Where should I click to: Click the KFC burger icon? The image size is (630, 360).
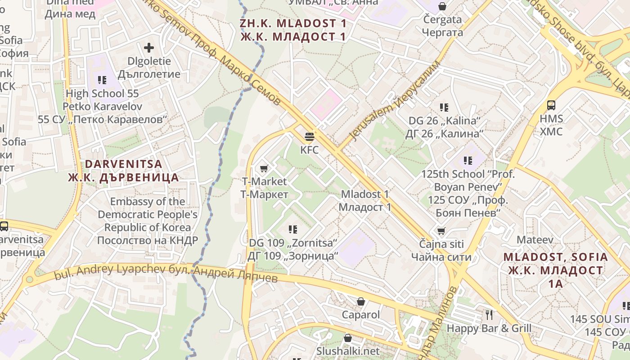[x=309, y=136]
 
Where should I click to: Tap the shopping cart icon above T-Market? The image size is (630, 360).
[x=264, y=168]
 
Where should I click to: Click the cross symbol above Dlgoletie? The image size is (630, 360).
[x=148, y=48]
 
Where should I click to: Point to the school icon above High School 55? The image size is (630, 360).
[x=102, y=80]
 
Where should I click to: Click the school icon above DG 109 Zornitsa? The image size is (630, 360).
[x=293, y=229]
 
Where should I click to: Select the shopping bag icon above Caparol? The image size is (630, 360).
[x=360, y=301]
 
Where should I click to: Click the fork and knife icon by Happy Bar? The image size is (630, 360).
[x=489, y=315]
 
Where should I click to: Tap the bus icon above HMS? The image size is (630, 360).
[x=551, y=105]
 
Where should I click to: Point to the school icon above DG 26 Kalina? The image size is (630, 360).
[x=444, y=108]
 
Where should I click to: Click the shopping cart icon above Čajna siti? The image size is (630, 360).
[x=441, y=231]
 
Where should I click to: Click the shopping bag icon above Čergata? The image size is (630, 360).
[x=442, y=6]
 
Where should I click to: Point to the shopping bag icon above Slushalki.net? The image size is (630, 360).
[x=348, y=337]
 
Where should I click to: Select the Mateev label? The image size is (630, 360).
[x=535, y=240]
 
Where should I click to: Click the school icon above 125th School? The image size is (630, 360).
[x=468, y=161]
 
